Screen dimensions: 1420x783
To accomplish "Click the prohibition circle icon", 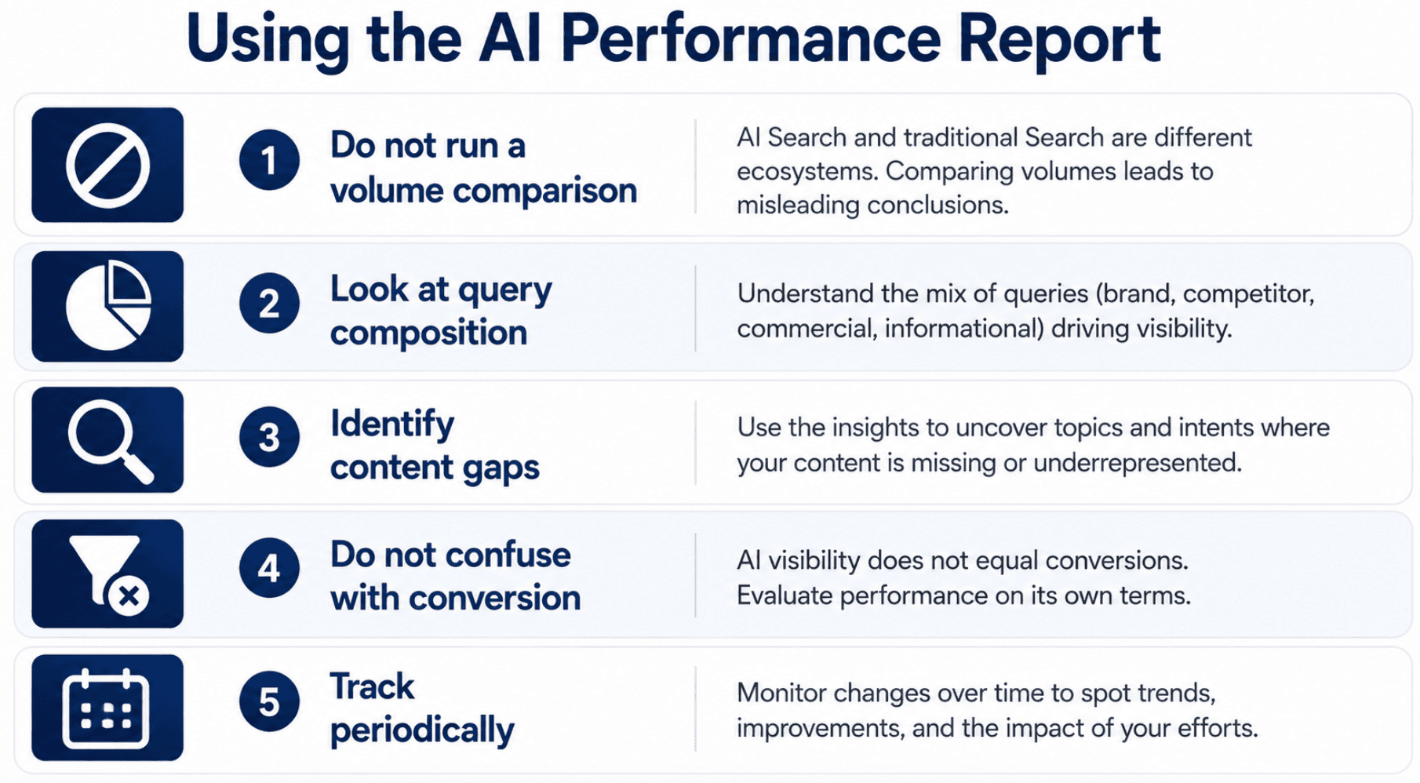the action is point(107,166).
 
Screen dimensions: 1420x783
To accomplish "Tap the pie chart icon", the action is point(108,305).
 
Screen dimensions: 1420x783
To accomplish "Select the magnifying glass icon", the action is point(110,441).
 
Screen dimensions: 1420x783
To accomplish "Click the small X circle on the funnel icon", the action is point(129,596).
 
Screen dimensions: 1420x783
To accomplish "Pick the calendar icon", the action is point(106,708).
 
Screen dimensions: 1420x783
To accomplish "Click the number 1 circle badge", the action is point(269,160).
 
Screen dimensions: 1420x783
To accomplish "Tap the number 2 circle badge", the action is point(269,303).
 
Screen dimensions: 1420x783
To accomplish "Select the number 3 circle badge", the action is point(269,437).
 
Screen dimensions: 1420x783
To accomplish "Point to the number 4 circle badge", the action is point(269,568).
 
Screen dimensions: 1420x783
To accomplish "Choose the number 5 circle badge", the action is point(269,701).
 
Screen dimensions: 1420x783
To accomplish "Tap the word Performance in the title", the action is point(751,39).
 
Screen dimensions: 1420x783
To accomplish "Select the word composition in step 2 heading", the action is point(428,333).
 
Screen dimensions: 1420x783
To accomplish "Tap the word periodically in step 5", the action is point(422,730).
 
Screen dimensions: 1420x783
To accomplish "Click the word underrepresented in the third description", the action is point(1138,463).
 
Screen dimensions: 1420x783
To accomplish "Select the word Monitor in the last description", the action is point(781,693).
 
